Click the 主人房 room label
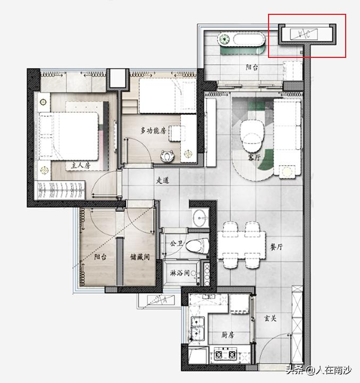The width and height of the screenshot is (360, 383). pos(81,165)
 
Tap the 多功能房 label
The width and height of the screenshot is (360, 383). pos(153,131)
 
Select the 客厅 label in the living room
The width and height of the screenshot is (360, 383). pos(254,158)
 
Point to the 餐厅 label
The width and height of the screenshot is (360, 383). pos(277,247)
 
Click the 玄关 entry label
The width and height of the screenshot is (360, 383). pos(270,318)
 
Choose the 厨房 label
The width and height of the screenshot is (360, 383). pos(228,335)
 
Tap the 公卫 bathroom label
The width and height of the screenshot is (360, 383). pos(177,243)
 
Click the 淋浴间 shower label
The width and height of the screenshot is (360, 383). pos(180,273)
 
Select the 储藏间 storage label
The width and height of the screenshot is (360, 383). pos(140,257)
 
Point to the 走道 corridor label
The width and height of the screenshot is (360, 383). pos(163,180)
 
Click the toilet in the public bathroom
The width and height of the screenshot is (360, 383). pos(197,246)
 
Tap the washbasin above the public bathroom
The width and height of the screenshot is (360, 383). pos(200,218)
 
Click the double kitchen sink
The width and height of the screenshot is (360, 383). pos(198,328)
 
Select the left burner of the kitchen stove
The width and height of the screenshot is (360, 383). pos(219,354)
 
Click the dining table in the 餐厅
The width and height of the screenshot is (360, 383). pos(241,245)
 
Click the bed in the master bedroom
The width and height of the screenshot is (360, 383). pos(69,136)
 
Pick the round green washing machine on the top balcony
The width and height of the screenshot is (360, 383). pos(224,39)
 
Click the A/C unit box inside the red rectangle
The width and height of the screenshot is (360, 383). pos(304,34)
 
